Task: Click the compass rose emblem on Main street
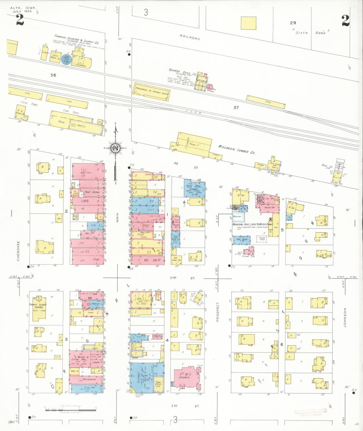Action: pyautogui.click(x=115, y=148)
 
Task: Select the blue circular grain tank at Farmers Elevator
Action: pyautogui.click(x=67, y=60)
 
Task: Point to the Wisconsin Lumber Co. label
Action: pyautogui.click(x=236, y=149)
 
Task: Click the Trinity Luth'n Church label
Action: pyautogui.click(x=38, y=306)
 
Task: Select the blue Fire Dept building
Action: pyautogui.click(x=242, y=240)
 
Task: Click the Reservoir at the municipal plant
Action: pyautogui.click(x=237, y=217)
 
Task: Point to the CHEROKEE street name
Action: pyautogui.click(x=18, y=251)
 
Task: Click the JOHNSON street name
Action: pyautogui.click(x=345, y=317)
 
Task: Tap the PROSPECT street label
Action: pyautogui.click(x=218, y=312)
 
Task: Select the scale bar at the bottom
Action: pyautogui.click(x=71, y=410)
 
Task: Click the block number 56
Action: pyautogui.click(x=53, y=75)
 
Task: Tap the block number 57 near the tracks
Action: pyautogui.click(x=236, y=107)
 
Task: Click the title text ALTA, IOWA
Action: pyautogui.click(x=23, y=8)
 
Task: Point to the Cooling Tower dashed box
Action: pyautogui.click(x=262, y=239)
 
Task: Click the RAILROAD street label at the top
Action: pyautogui.click(x=190, y=37)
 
